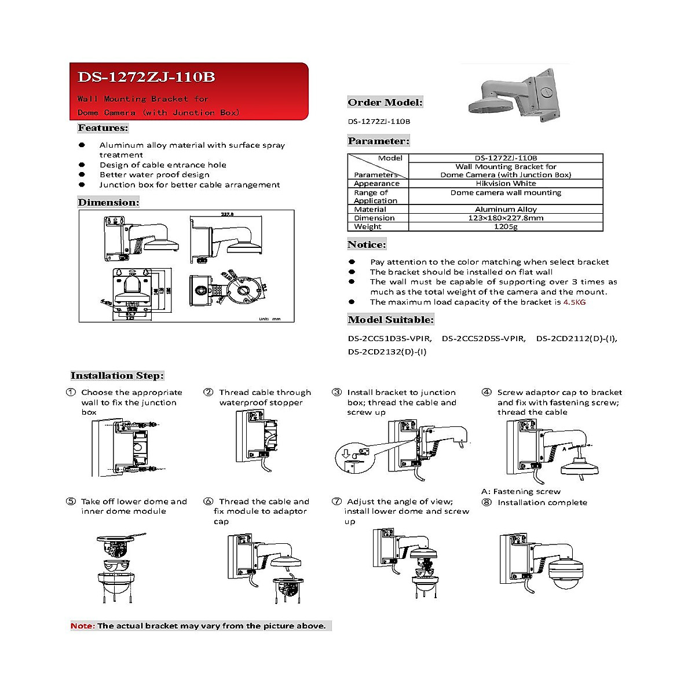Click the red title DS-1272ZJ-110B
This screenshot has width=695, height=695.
click(x=146, y=77)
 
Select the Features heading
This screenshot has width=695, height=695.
click(x=103, y=128)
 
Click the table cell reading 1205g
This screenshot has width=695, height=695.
click(x=506, y=226)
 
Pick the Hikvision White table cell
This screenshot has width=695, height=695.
click(x=506, y=184)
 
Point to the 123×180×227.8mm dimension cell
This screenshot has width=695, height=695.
click(x=506, y=218)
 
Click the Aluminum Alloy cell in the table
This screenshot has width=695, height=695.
click(x=506, y=209)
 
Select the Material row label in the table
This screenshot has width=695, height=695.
click(x=370, y=209)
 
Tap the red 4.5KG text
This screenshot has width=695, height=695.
click(x=575, y=302)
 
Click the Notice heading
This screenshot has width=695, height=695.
click(x=367, y=244)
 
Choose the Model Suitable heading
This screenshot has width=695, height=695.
click(x=390, y=320)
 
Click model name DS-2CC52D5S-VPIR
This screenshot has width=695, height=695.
click(x=484, y=338)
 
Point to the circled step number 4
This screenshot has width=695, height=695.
click(x=487, y=392)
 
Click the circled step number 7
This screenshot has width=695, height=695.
click(x=336, y=502)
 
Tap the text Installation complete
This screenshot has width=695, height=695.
click(x=542, y=502)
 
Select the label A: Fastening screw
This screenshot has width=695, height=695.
click(x=521, y=491)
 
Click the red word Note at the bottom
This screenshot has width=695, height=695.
click(x=82, y=625)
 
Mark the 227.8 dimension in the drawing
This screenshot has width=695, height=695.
click(x=227, y=214)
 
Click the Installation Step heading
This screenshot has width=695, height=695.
click(x=118, y=375)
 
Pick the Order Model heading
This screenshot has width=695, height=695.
click(x=385, y=103)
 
